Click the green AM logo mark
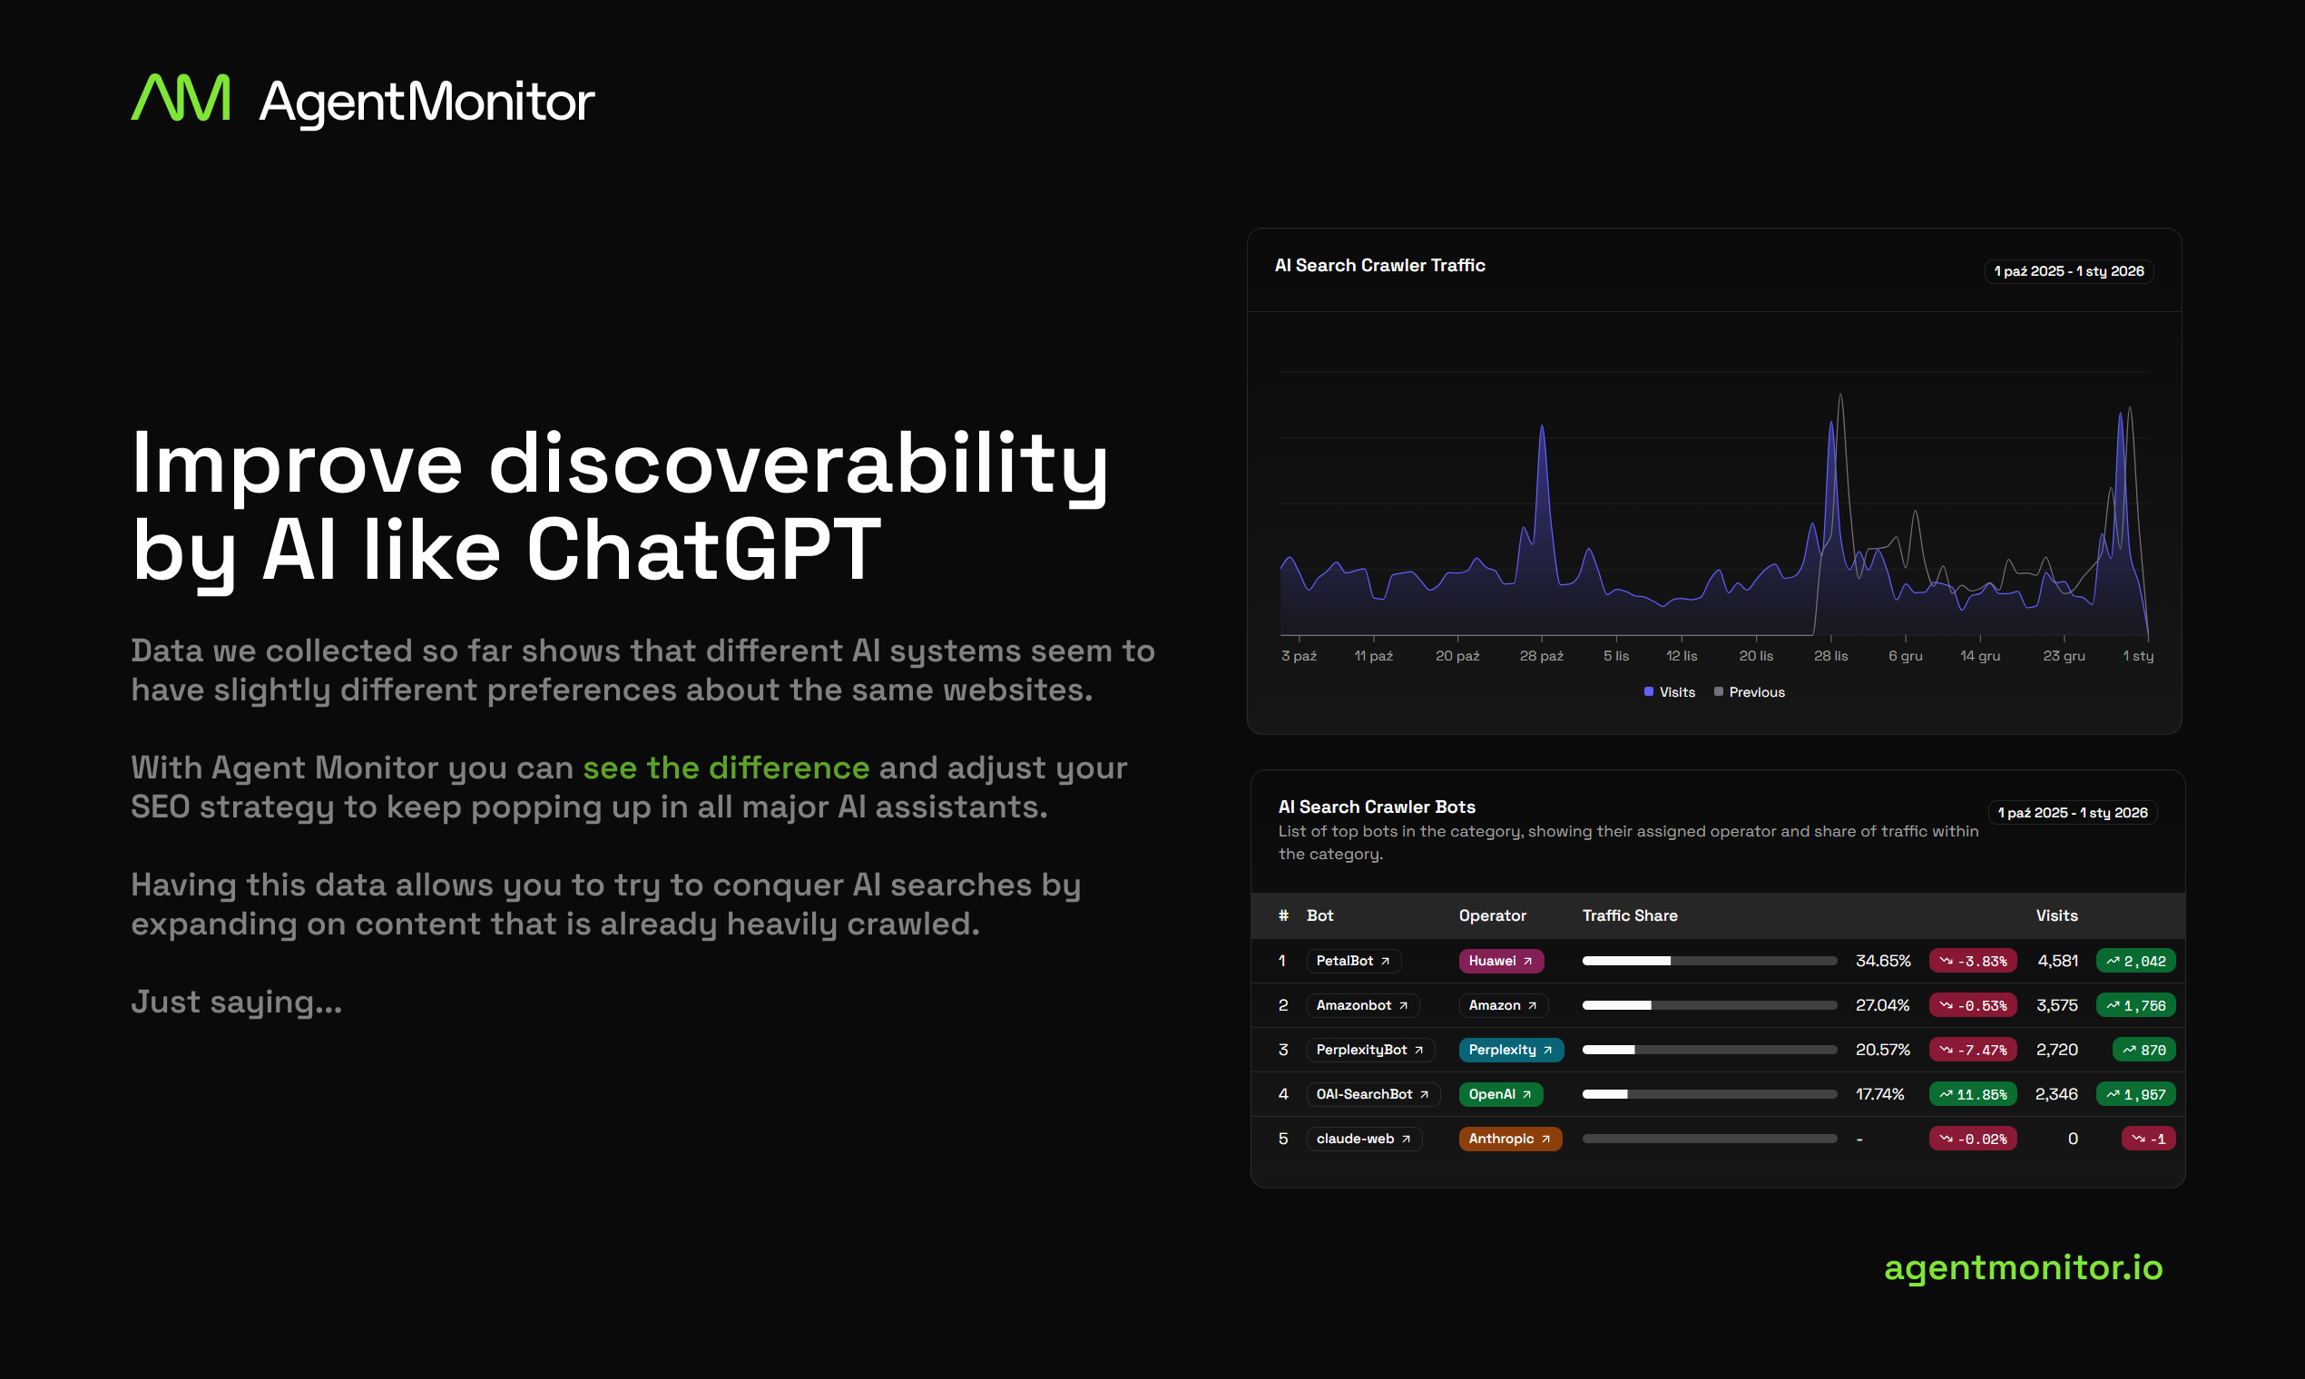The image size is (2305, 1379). (181, 99)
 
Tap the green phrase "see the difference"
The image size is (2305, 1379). (726, 768)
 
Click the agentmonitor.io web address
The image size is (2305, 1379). (2023, 1267)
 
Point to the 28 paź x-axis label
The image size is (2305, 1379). (1541, 656)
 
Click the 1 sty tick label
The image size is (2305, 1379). (2138, 656)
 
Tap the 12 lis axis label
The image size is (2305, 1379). (1682, 656)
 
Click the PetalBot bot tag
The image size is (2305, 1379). (1352, 961)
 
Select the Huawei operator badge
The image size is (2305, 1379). (1500, 961)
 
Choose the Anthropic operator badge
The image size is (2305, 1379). (1509, 1139)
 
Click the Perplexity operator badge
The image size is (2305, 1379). (1510, 1050)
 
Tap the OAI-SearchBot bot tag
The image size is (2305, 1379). (1372, 1095)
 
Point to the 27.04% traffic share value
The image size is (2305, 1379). (1882, 1005)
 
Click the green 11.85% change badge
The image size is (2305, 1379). (1972, 1095)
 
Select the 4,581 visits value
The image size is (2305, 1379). (2058, 961)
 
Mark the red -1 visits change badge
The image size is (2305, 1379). (2148, 1139)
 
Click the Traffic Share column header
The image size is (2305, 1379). (1629, 915)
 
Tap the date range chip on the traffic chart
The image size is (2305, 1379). (2068, 271)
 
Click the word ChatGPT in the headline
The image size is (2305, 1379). (702, 550)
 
